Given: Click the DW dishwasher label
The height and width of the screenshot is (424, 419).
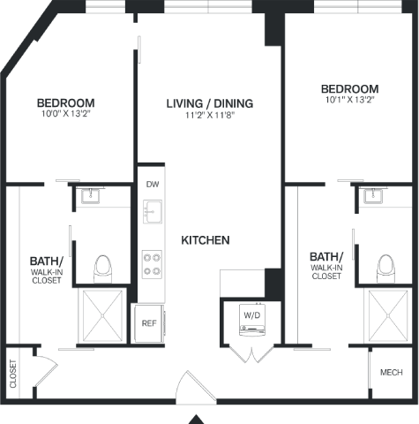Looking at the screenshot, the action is coord(153,185).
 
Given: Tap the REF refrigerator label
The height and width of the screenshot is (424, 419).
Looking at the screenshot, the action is coord(149,323).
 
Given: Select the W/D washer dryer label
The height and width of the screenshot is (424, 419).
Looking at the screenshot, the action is coord(252,315).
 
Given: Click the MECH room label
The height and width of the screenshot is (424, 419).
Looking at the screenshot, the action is coord(392,373).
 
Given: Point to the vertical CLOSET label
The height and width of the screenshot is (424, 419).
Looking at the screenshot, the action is coord(13,374).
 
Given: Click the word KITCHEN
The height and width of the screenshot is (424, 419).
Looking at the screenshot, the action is coord(206,240).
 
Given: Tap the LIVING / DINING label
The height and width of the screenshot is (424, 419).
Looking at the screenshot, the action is coord(210,103).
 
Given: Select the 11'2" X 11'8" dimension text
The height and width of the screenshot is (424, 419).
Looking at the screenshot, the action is coord(210,115).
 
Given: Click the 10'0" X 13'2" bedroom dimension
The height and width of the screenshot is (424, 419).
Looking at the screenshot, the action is coord(65,114).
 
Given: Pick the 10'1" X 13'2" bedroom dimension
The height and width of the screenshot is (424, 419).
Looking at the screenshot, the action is coord(349,100).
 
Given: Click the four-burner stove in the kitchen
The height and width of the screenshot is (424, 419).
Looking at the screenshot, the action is coord(152,264).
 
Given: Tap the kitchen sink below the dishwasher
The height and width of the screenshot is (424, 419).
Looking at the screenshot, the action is coord(153,211).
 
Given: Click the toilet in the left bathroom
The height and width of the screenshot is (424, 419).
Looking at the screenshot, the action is coord(102,269).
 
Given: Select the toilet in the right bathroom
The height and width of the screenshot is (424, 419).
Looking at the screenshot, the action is coord(385,269).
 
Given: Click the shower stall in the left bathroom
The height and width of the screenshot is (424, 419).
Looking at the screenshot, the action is coord(102,315).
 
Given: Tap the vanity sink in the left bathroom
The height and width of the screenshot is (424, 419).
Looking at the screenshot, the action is coord(91,195).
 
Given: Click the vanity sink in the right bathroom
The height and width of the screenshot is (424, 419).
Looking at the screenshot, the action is coord(373,195).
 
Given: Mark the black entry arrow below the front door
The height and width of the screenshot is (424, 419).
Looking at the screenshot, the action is coord(196,420).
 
